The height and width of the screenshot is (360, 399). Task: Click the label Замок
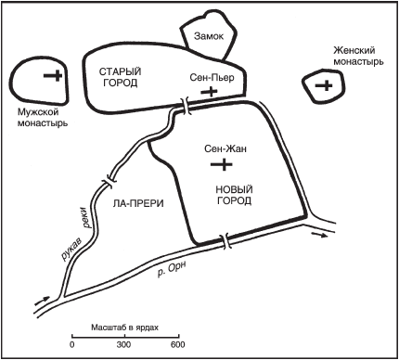(x=209, y=36)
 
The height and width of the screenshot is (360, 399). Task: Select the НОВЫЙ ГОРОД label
(x=234, y=195)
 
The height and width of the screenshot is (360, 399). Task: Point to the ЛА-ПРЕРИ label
(x=138, y=203)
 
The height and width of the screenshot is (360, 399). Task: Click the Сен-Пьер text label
(x=212, y=77)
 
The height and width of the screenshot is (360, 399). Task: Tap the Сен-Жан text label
(x=225, y=148)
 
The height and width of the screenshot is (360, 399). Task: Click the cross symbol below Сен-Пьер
(x=209, y=91)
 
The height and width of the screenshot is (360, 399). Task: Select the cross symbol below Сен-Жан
(x=222, y=164)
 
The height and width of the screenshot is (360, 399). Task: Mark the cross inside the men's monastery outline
(x=53, y=75)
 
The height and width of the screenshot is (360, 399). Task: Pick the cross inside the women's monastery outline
(x=324, y=85)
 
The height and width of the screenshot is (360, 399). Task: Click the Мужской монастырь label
(x=43, y=118)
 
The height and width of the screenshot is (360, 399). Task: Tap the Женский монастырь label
(x=358, y=57)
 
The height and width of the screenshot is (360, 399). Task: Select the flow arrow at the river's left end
(x=42, y=300)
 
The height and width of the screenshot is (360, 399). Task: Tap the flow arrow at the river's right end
(x=319, y=235)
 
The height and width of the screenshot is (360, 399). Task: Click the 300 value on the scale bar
(x=124, y=345)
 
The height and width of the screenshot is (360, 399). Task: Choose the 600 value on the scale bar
(x=178, y=345)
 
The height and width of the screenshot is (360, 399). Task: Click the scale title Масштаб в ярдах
(x=124, y=328)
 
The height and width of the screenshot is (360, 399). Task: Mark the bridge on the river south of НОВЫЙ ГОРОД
(x=225, y=241)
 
